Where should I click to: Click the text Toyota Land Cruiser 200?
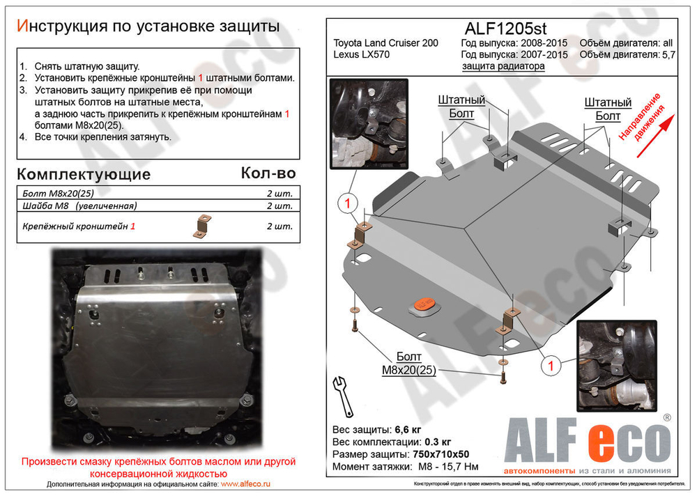click(x=386, y=43)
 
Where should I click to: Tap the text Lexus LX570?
click(x=362, y=55)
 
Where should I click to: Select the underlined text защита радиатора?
click(x=503, y=66)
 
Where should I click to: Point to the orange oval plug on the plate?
click(x=425, y=304)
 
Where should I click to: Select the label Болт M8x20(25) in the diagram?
click(x=408, y=363)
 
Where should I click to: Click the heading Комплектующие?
click(x=83, y=173)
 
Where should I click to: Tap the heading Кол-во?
click(x=268, y=173)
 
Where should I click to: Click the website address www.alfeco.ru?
click(x=246, y=483)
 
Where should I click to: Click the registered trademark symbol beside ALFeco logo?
click(x=667, y=418)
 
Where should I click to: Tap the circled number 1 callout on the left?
click(x=348, y=204)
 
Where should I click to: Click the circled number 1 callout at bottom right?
click(x=551, y=364)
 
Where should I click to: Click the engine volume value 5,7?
click(x=668, y=55)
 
